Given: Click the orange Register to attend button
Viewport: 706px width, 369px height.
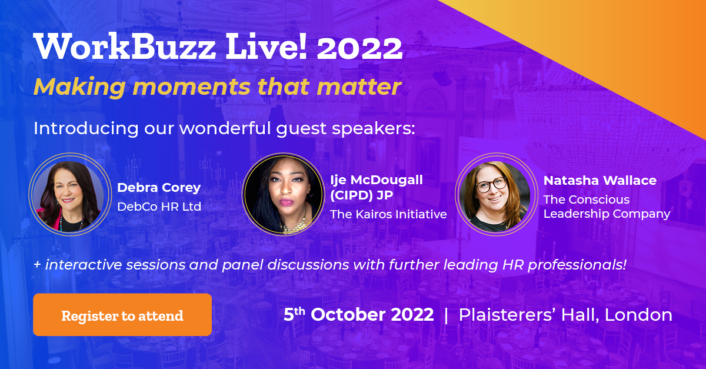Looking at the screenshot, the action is click(122, 314).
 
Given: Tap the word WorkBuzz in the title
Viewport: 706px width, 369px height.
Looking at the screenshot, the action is click(125, 46).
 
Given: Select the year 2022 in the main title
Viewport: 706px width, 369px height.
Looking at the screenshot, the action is click(359, 48).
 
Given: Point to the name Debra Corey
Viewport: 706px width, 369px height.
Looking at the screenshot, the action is click(159, 188).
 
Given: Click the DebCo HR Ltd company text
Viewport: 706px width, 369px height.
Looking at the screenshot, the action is click(159, 207).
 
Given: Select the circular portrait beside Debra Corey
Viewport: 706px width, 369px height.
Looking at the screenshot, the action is click(70, 194).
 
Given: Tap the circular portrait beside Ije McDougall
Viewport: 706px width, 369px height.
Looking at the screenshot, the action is click(284, 194).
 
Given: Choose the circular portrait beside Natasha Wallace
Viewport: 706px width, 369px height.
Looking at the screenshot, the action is click(497, 194).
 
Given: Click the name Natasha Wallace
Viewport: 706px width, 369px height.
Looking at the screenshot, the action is click(600, 181).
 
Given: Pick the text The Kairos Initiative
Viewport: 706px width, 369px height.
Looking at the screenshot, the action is click(389, 214).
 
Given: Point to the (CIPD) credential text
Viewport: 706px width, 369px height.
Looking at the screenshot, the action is click(351, 195).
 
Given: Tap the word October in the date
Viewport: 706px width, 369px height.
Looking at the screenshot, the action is click(372, 315).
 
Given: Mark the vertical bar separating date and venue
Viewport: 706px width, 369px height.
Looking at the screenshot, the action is click(446, 315).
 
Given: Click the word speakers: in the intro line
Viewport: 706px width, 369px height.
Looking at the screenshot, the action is click(374, 129).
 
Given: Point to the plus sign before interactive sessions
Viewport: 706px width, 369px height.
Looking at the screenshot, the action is click(37, 265).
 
